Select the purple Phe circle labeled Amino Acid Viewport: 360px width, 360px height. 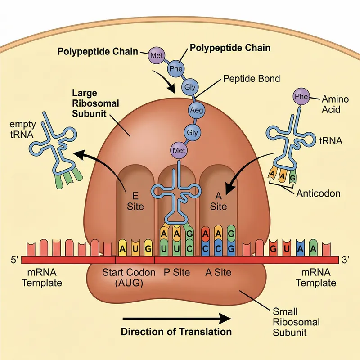tap(300, 96)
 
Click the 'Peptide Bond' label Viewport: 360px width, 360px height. tap(252, 79)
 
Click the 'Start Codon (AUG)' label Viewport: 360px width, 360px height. tap(129, 278)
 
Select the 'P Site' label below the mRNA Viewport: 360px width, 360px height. tap(177, 272)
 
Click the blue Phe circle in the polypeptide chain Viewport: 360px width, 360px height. tap(175, 69)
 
